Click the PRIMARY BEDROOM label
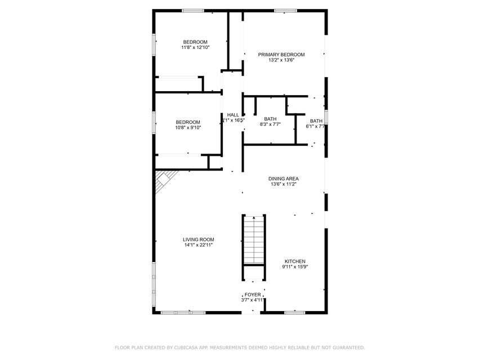point(281,55)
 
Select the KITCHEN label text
point(295,262)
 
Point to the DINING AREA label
point(283,178)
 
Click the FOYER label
point(252,295)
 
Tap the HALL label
point(233,115)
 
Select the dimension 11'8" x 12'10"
point(195,48)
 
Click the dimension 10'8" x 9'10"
point(187,128)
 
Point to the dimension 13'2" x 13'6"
point(281,60)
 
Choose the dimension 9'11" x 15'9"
point(295,267)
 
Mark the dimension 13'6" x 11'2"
point(283,184)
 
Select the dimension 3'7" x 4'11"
point(252,300)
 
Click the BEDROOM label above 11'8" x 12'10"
point(195,42)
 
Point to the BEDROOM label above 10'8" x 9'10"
point(187,122)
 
